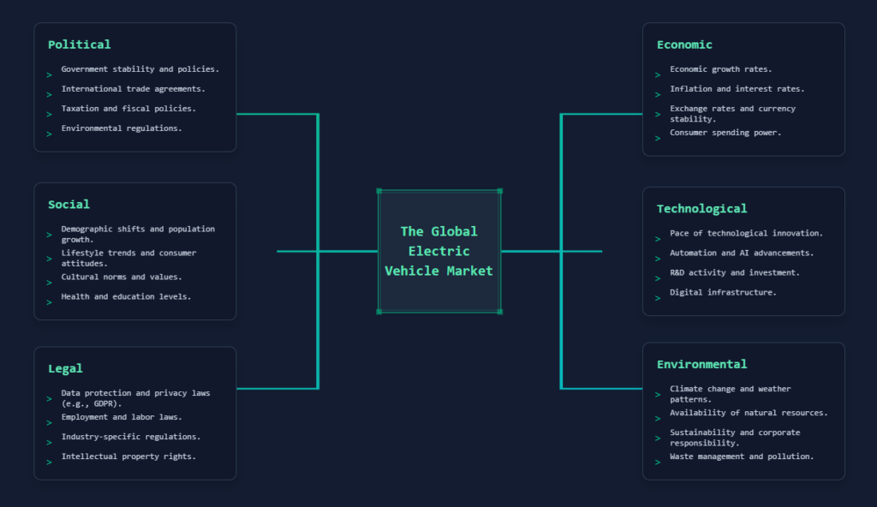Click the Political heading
79,45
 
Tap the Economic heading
684,45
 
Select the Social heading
69,205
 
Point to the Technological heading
701,209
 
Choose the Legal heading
65,368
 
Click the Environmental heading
701,365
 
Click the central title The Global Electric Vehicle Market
438,251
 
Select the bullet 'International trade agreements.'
133,88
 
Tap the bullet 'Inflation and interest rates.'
737,88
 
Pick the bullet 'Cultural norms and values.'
121,277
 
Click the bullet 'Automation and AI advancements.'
742,253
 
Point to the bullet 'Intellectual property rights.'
128,456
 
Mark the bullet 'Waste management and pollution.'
742,456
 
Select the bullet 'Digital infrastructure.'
723,292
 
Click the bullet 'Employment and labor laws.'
121,417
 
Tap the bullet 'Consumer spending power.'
725,133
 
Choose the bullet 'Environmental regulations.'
121,128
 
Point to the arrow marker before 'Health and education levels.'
49,301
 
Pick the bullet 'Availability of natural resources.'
749,413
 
